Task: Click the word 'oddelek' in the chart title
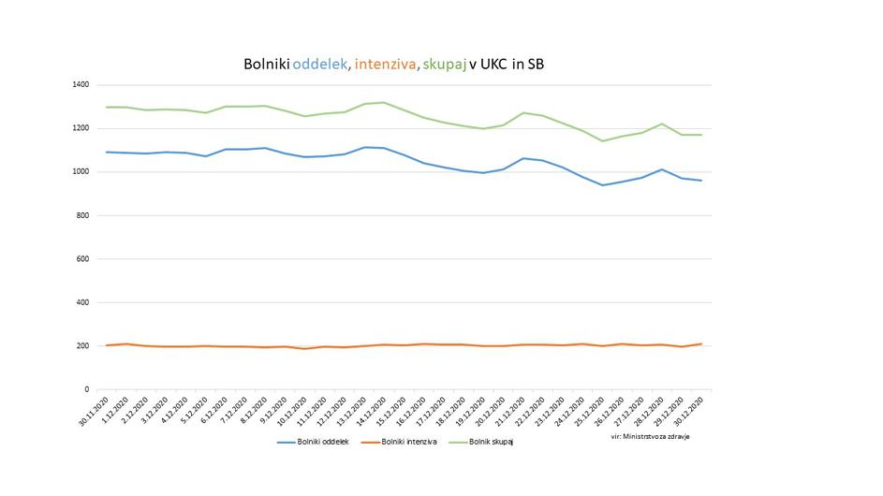tap(321, 65)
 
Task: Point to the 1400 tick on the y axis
tap(80, 85)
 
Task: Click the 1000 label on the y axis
tap(80, 172)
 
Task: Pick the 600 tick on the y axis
tap(82, 259)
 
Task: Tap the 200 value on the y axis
tap(82, 346)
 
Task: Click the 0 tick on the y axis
tap(86, 389)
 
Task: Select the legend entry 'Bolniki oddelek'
tap(313, 442)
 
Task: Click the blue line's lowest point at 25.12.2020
tap(603, 185)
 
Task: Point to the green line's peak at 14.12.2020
tap(383, 102)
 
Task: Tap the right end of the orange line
tap(701, 343)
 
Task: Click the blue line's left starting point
tap(107, 152)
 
